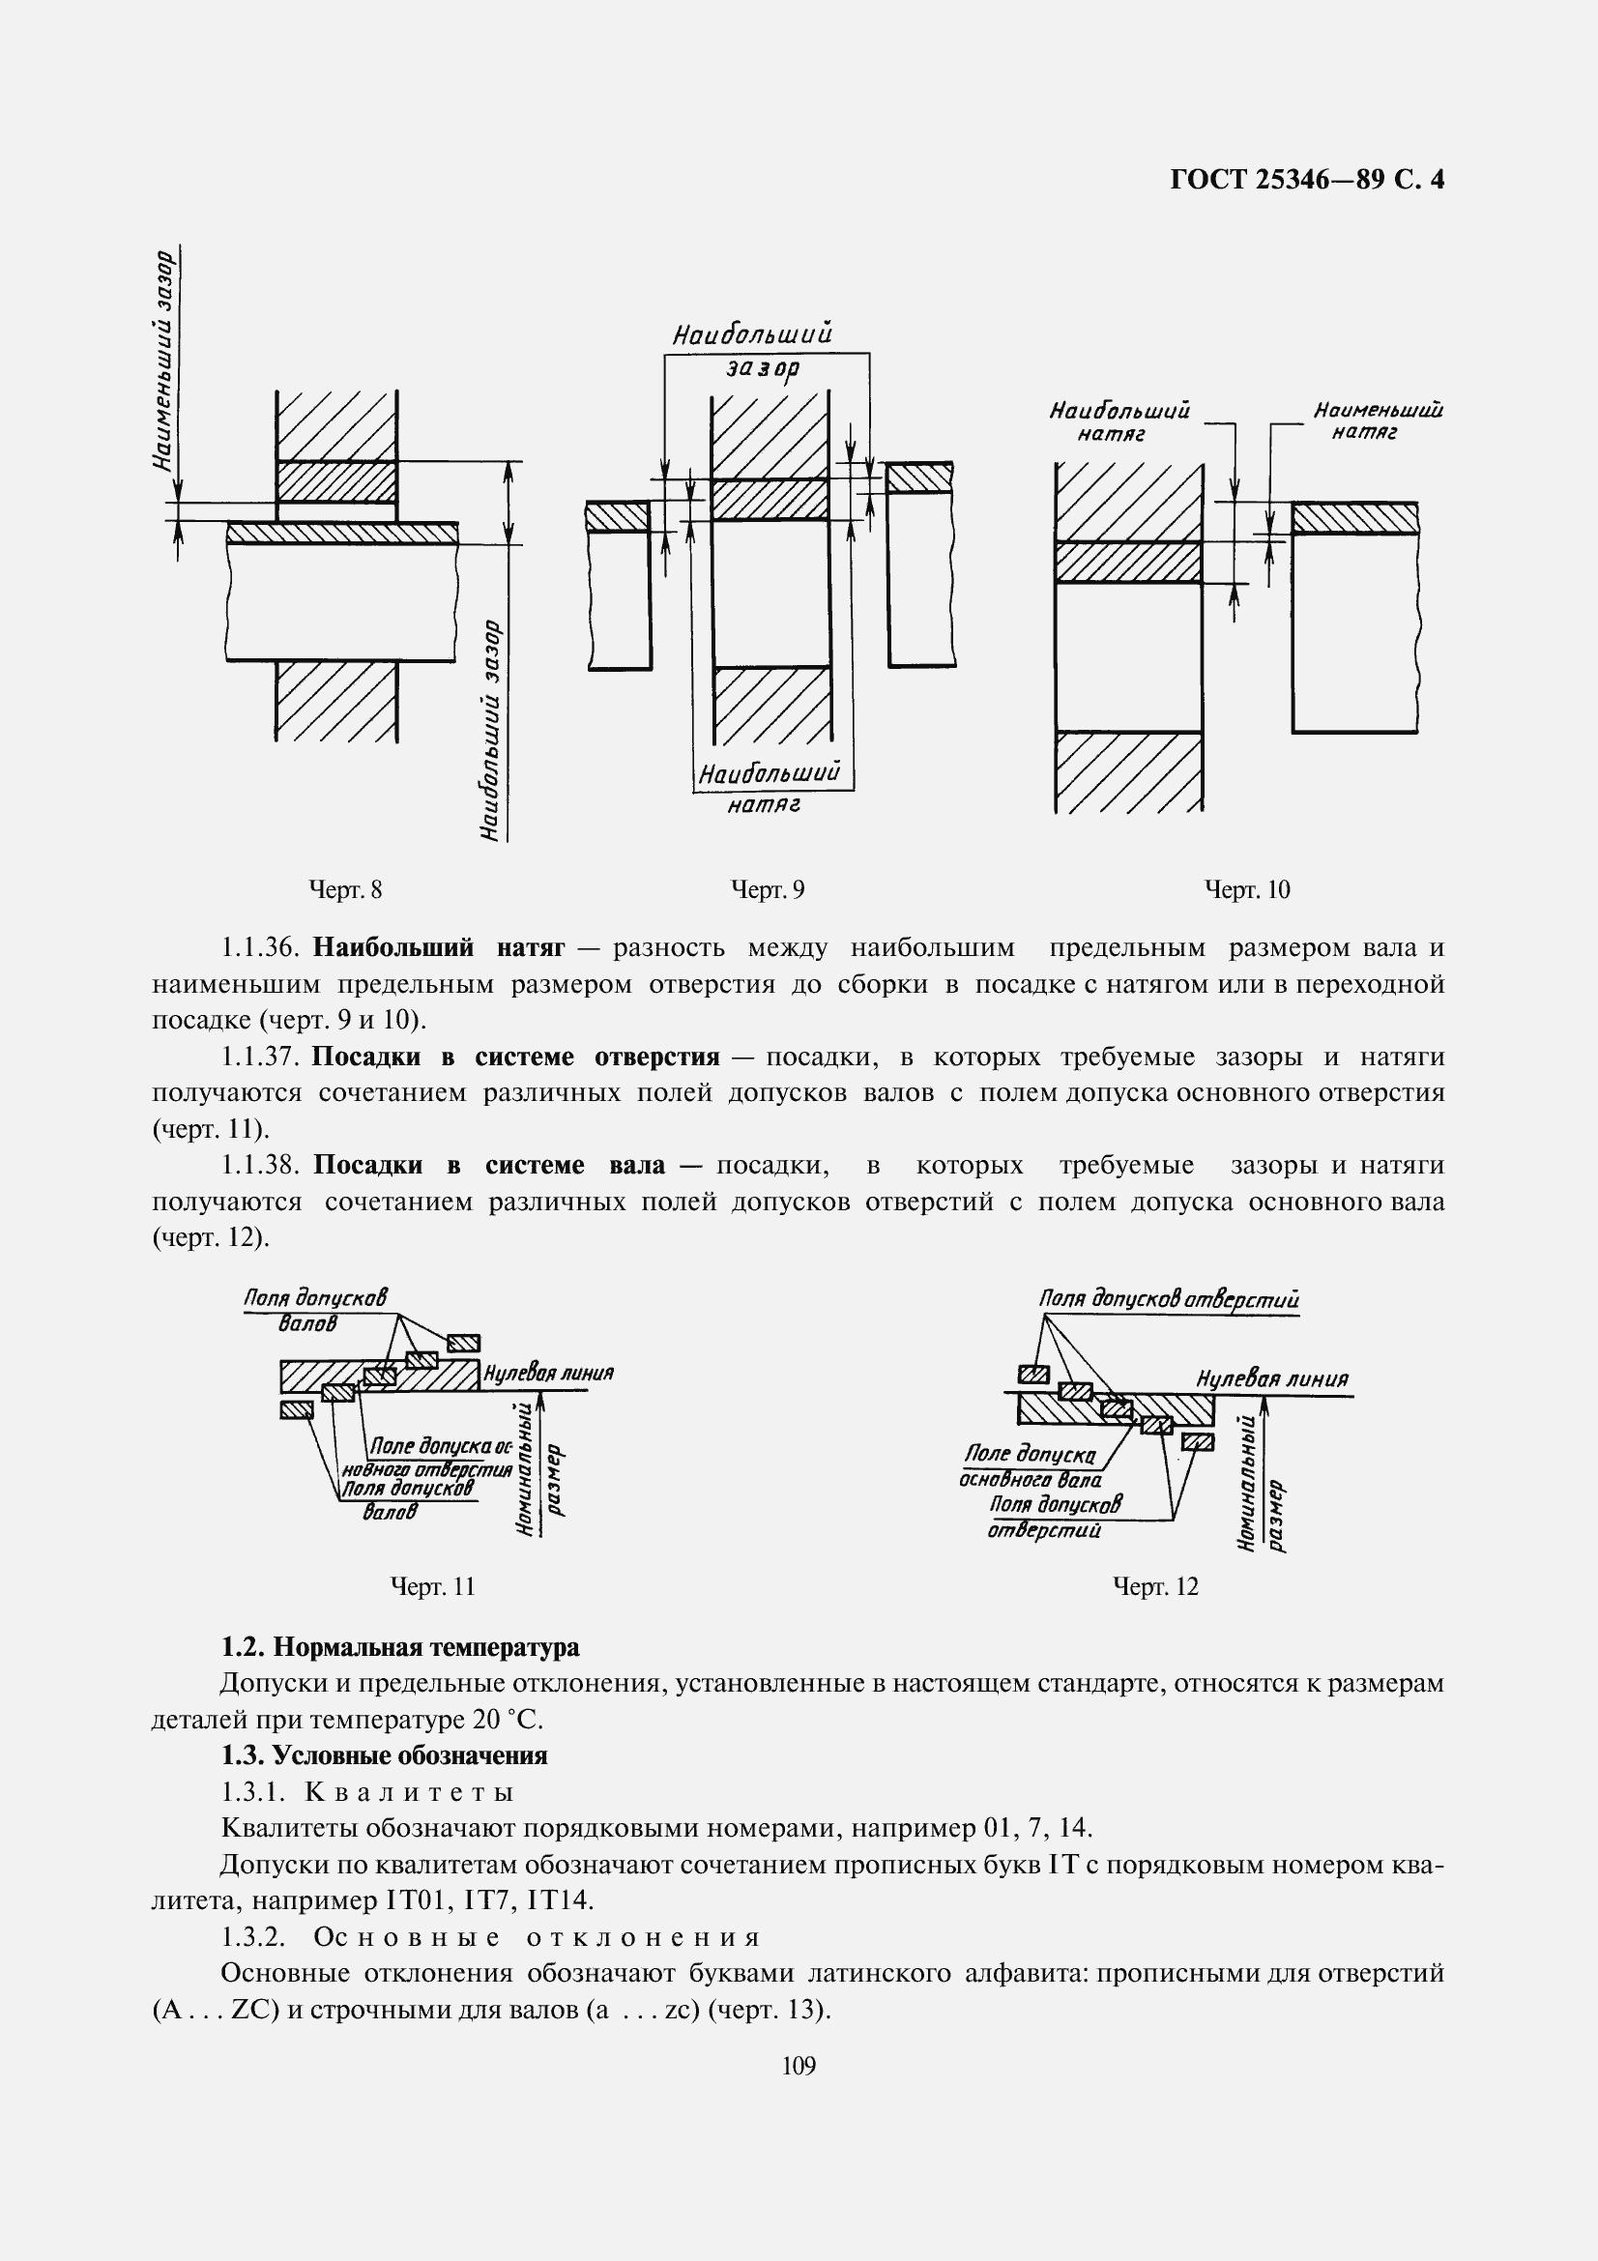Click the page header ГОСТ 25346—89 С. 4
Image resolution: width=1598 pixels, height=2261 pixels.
tap(1307, 179)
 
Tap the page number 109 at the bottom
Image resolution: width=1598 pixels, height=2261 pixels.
tap(799, 2066)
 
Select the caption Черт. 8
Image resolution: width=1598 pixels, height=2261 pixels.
tap(345, 890)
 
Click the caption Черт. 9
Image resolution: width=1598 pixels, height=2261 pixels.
tap(768, 890)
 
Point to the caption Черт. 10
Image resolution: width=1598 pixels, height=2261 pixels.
tap(1247, 890)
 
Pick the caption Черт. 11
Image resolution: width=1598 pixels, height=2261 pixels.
tap(432, 1586)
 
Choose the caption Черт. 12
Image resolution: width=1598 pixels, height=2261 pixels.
tap(1155, 1586)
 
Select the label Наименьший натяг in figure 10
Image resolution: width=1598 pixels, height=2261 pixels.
tap(1377, 420)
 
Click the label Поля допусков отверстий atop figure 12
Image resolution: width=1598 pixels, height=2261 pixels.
tap(1169, 1300)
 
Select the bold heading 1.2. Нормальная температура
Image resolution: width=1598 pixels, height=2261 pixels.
tap(400, 1647)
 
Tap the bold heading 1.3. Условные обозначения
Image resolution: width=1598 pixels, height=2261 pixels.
tap(384, 1755)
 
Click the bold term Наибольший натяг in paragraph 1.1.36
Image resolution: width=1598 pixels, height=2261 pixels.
tap(438, 948)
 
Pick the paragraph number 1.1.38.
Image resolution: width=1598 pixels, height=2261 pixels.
tap(259, 1166)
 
